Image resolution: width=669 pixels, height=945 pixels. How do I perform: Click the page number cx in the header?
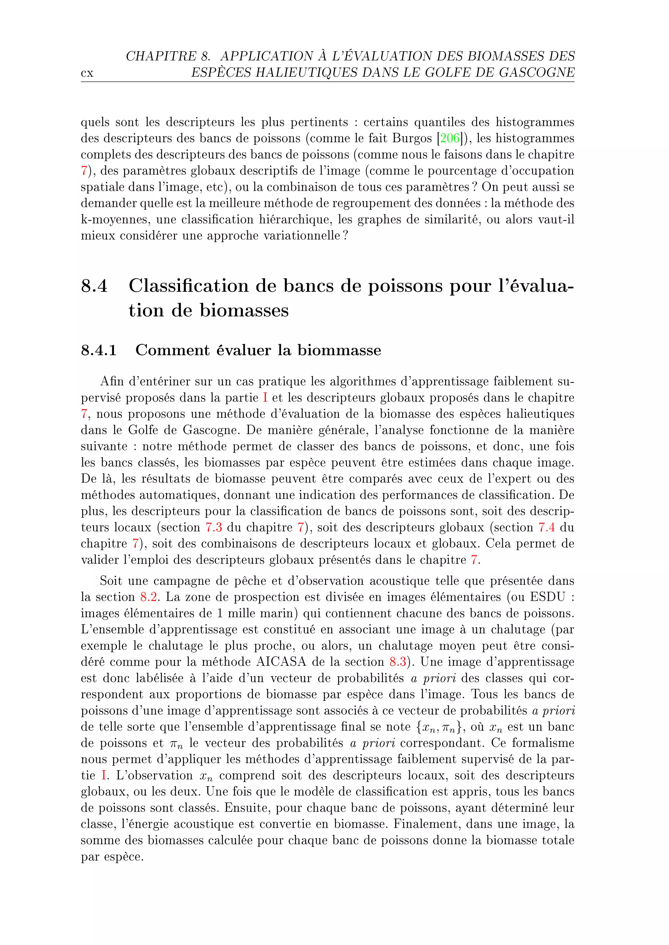coord(87,74)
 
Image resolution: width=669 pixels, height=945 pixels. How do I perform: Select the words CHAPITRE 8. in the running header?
coord(168,56)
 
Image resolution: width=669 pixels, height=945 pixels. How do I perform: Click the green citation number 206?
coord(449,138)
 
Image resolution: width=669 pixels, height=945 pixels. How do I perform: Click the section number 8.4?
coord(94,286)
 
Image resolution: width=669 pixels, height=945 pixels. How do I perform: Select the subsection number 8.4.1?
coord(99,350)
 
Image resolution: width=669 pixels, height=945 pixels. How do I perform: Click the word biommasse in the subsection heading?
coord(339,350)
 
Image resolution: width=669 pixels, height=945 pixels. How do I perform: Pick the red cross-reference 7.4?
coord(547,528)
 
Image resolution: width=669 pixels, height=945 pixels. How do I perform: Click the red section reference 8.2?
coord(148,597)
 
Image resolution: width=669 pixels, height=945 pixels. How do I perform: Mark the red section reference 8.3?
coord(398,662)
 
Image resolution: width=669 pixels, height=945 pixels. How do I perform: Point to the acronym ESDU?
coord(546,597)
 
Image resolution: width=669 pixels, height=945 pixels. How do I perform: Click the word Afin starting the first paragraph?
coord(112,381)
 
